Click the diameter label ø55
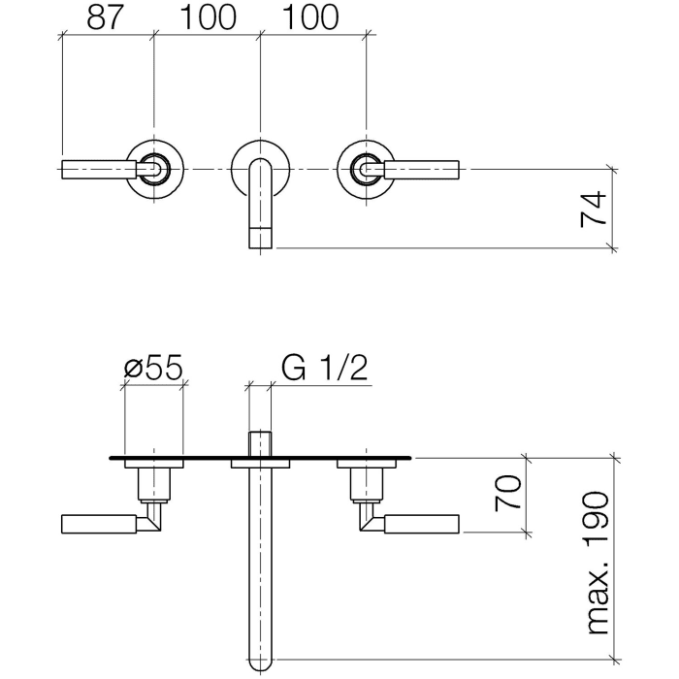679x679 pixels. tap(153, 369)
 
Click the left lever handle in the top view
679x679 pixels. tap(97, 170)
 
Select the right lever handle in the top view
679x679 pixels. tap(425, 170)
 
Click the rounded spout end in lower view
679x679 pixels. tap(260, 662)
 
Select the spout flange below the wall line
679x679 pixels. tap(260, 465)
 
